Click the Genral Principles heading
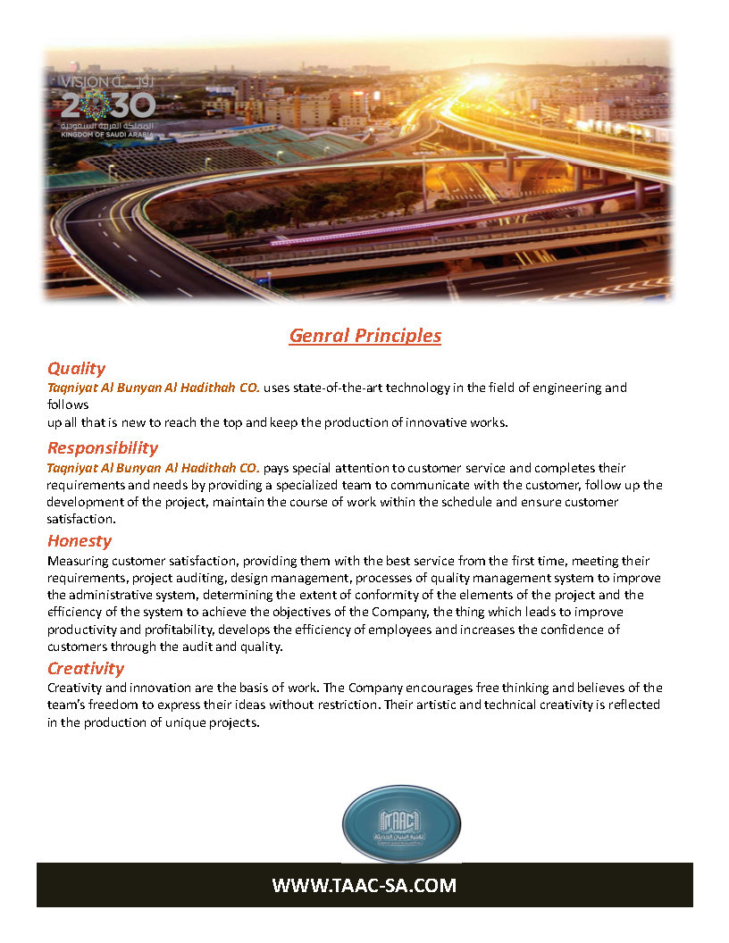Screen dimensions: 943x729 (364, 336)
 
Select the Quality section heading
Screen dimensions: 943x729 (76, 368)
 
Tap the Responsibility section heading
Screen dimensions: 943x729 (102, 447)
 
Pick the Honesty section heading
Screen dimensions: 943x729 (80, 540)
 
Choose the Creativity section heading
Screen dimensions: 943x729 (85, 668)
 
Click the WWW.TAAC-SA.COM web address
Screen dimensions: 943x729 (364, 886)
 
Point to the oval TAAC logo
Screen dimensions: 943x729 (401, 823)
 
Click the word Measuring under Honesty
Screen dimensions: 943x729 (79, 560)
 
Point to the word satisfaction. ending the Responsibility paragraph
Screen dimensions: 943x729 (81, 519)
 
